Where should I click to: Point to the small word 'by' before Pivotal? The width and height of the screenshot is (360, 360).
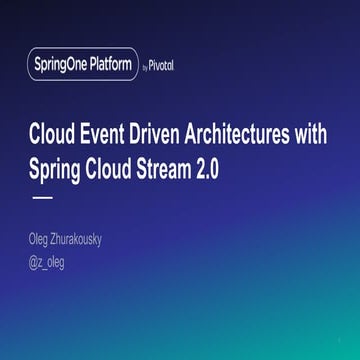(x=143, y=67)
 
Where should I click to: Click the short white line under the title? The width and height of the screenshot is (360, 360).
(x=43, y=198)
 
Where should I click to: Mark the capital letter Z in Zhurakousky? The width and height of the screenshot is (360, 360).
(x=65, y=241)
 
